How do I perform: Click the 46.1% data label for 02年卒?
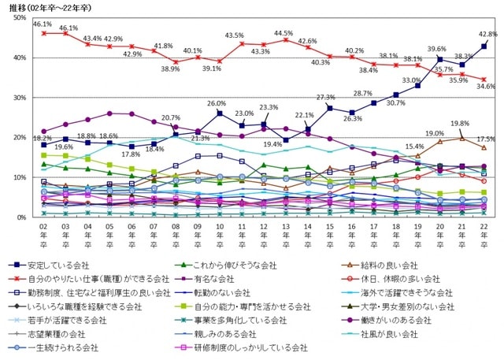click(43, 25)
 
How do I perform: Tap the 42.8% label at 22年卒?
click(487, 35)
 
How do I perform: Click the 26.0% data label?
click(217, 104)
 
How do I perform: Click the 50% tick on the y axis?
click(20, 17)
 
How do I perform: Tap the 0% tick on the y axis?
click(22, 217)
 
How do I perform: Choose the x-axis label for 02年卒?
click(43, 236)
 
